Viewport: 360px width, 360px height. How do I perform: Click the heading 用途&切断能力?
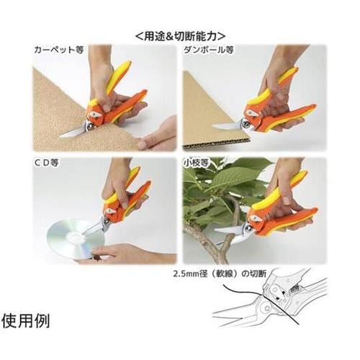[181, 36]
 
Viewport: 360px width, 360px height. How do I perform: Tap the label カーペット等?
[59, 50]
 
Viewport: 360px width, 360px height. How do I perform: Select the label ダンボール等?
[209, 50]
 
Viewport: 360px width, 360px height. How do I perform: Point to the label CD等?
[47, 163]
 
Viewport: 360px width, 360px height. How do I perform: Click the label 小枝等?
[196, 163]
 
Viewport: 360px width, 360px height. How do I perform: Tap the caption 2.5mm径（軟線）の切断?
[220, 274]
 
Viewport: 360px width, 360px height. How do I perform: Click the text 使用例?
[26, 321]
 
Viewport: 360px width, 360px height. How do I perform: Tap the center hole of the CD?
[75, 238]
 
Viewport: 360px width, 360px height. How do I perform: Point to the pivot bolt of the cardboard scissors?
[246, 124]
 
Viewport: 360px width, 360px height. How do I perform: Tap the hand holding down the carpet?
[157, 135]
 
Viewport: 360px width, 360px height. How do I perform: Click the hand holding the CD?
[127, 254]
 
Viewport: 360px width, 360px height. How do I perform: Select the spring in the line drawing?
[295, 287]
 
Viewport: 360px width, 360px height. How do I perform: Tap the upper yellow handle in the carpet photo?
[119, 76]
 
